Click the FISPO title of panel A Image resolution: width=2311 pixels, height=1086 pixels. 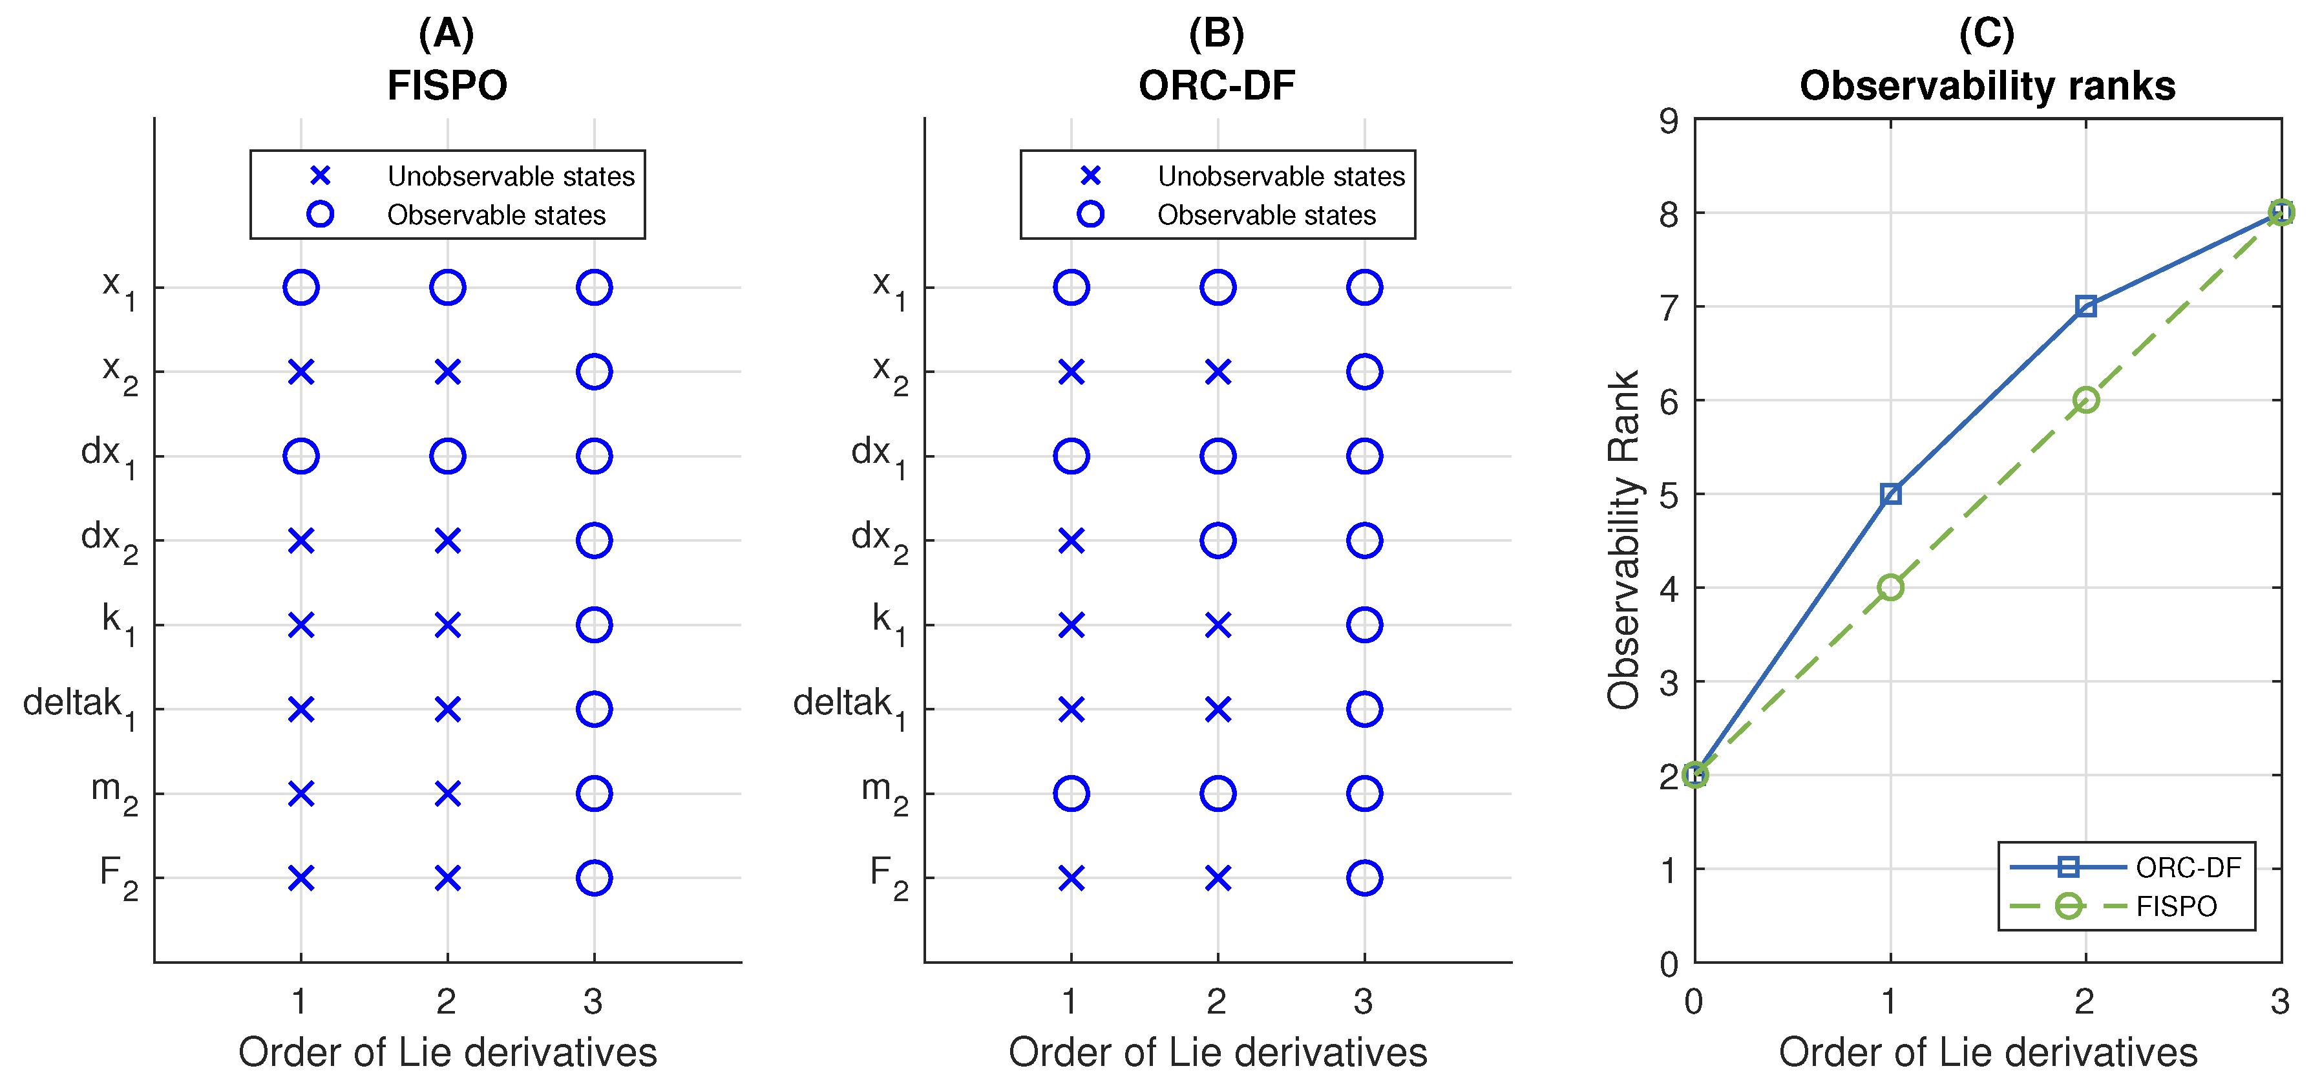point(447,86)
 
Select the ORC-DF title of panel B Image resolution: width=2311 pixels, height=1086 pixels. point(1216,86)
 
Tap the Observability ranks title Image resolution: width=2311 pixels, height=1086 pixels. point(1987,86)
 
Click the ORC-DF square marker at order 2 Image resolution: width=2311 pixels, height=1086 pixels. point(2086,306)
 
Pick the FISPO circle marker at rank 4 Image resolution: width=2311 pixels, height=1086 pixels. point(1890,587)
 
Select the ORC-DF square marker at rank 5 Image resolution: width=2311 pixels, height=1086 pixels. point(1890,494)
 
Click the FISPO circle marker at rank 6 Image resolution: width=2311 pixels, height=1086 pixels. point(2086,399)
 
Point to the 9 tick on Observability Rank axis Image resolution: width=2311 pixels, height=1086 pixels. point(1669,120)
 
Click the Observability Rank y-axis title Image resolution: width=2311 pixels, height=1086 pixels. point(1624,539)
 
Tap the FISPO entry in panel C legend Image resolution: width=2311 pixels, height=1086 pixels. point(2175,906)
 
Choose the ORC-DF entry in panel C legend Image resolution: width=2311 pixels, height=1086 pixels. point(2187,867)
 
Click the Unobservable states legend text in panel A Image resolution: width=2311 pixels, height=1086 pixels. point(511,176)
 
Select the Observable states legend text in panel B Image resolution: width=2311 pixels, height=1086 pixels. point(1266,215)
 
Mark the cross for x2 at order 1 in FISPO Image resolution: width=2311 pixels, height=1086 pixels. point(301,372)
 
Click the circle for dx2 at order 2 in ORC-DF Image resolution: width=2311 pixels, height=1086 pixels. point(1218,540)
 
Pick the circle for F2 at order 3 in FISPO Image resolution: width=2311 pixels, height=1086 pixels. point(594,878)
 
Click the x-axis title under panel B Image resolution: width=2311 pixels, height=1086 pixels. point(1218,1052)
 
